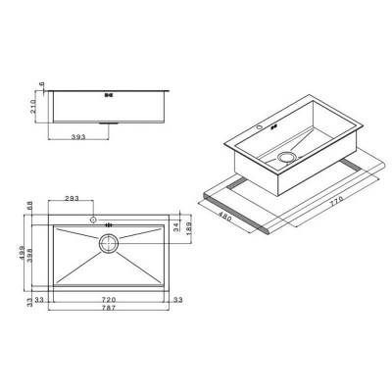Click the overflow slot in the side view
[108, 95]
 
